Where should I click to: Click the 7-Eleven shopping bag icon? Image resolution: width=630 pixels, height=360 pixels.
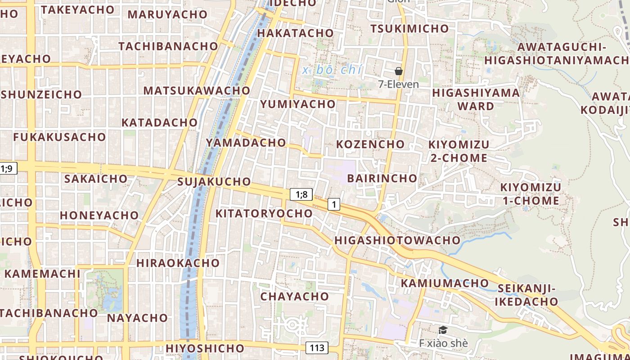[398, 71]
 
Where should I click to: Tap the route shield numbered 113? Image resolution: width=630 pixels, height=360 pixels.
[317, 348]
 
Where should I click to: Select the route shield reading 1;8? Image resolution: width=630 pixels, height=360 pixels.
[301, 194]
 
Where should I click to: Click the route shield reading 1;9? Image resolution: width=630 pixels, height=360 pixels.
[8, 169]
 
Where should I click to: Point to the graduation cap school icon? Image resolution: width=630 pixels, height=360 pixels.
[443, 331]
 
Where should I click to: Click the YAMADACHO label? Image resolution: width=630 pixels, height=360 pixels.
[246, 143]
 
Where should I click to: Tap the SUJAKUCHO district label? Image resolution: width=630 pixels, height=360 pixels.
[214, 182]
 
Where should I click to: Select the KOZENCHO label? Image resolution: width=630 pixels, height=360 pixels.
[370, 144]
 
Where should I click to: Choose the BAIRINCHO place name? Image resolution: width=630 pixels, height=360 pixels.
[382, 178]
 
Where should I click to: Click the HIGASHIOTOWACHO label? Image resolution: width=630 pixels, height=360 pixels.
[397, 240]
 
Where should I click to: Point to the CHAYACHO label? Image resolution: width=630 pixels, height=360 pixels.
[294, 297]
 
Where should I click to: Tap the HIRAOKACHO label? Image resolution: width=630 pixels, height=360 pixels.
[178, 263]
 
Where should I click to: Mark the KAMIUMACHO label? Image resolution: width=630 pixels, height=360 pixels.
[445, 283]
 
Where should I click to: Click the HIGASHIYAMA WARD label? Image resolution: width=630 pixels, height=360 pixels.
[476, 99]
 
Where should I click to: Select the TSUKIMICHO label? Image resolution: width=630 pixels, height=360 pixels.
[409, 29]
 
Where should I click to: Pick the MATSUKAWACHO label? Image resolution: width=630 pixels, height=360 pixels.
[197, 90]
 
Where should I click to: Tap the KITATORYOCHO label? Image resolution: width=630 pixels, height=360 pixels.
[264, 213]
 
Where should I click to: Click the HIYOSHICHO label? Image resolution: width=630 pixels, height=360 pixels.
[205, 348]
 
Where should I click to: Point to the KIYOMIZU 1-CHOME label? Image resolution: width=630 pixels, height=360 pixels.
[531, 194]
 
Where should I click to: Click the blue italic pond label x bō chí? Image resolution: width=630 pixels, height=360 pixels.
[333, 70]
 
